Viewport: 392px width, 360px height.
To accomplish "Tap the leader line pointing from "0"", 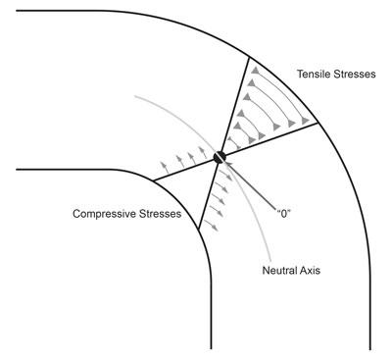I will click(251, 182).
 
